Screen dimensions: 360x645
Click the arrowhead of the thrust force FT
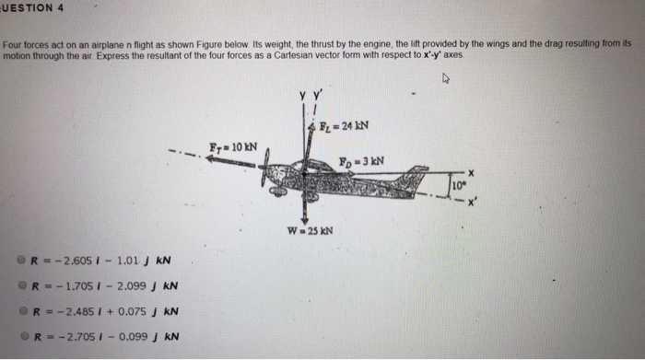[211, 159]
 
